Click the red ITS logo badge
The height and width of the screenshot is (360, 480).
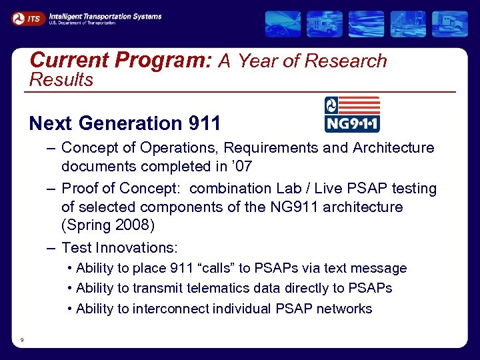(28, 19)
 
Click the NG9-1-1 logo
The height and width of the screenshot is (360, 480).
(351, 114)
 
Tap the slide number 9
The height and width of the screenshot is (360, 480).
(22, 340)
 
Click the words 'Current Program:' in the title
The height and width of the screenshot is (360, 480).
(121, 61)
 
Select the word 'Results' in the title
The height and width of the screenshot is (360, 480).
(61, 80)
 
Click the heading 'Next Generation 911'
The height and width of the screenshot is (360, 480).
(125, 123)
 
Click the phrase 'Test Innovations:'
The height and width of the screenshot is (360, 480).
(119, 248)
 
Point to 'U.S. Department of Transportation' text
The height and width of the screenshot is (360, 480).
(82, 23)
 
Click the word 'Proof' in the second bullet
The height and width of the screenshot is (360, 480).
(81, 189)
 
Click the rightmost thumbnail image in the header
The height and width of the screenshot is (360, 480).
(449, 24)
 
